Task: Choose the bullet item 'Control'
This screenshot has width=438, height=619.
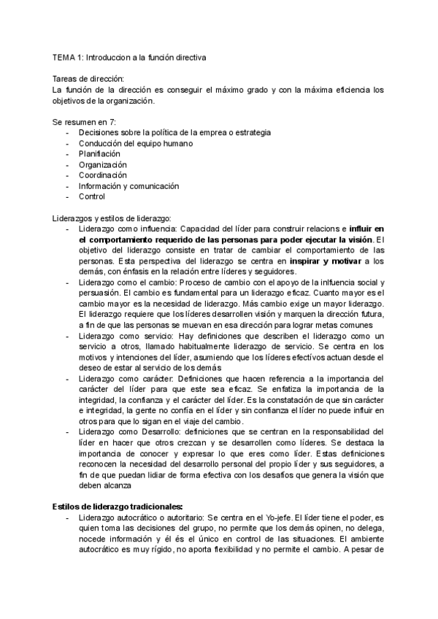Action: coord(92,196)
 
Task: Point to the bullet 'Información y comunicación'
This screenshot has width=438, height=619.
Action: coord(128,186)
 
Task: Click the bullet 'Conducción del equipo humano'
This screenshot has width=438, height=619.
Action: coord(136,144)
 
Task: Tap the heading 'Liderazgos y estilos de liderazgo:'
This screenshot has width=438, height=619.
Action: coord(112,218)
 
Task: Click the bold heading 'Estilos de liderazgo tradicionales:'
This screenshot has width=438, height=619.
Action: coord(118,507)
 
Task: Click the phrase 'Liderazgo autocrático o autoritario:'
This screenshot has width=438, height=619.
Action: coord(142,518)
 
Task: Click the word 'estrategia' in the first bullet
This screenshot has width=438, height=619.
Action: coord(251,133)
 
